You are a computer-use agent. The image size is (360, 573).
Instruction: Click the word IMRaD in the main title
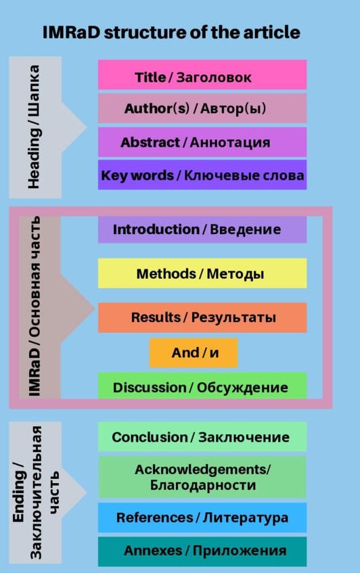point(71,32)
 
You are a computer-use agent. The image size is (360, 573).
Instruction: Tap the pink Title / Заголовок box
point(202,75)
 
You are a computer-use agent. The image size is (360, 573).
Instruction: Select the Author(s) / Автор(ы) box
point(202,108)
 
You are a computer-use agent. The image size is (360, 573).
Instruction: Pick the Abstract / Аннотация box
point(202,142)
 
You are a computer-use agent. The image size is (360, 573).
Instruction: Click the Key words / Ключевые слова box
point(202,175)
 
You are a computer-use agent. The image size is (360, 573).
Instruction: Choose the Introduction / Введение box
point(202,229)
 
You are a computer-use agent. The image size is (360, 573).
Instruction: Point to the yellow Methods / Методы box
point(202,273)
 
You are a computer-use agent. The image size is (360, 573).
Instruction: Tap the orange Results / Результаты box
point(202,317)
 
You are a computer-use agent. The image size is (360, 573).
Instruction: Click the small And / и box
point(194,353)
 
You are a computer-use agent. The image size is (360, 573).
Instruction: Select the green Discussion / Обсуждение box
point(202,386)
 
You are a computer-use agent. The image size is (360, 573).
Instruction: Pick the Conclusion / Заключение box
point(202,437)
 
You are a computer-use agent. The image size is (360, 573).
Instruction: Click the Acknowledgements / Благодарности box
point(202,477)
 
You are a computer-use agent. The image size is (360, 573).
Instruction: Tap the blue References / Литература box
point(202,518)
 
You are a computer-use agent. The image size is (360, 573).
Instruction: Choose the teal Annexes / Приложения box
point(202,551)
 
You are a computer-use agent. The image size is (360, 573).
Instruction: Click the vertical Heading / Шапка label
point(34,127)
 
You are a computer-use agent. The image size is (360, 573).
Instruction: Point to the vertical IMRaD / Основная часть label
point(35,306)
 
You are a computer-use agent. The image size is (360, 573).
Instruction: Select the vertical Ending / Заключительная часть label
point(35,492)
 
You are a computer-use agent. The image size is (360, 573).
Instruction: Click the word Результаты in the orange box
point(233,317)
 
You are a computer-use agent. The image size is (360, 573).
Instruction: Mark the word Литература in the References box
point(246,518)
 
